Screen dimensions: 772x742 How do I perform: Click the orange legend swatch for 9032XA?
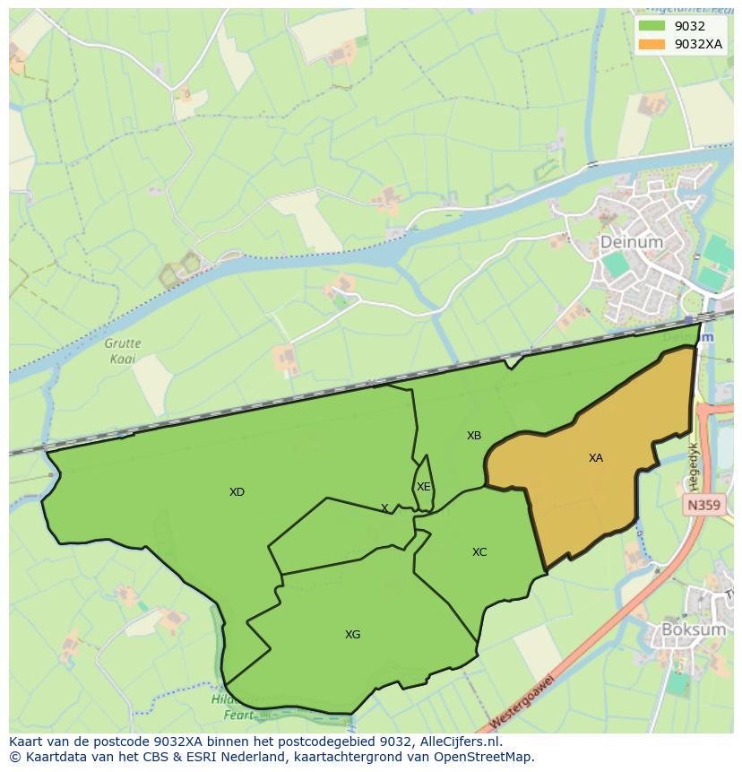pos(652,44)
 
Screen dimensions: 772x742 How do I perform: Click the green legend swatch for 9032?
pos(652,26)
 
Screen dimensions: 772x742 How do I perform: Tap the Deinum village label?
pos(631,242)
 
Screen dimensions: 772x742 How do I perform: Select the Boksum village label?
pos(693,629)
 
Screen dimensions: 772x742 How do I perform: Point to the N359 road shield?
pos(703,506)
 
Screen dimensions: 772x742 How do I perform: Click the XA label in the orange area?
pos(596,458)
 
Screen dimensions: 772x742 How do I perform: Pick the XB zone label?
pos(474,436)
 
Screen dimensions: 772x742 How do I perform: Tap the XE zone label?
pos(424,487)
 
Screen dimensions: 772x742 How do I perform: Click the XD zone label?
pos(237,492)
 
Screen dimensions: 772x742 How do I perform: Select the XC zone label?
pos(479,552)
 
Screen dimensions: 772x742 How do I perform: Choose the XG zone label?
pos(353,635)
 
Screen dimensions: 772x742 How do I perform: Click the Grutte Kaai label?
pos(123,350)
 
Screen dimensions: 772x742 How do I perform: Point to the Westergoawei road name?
pos(522,705)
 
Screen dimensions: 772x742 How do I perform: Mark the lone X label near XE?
pos(384,508)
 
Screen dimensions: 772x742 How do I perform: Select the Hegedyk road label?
pos(693,457)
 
